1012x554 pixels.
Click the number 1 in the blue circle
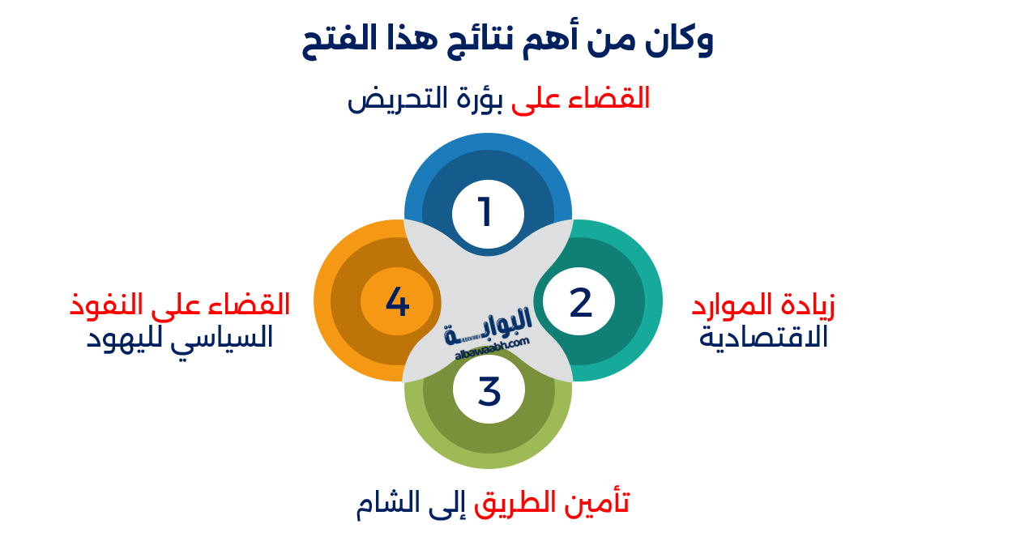pyautogui.click(x=485, y=213)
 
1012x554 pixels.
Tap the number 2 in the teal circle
pyautogui.click(x=581, y=302)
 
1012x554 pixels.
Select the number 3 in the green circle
pyautogui.click(x=489, y=390)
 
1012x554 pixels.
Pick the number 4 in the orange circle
pyautogui.click(x=397, y=302)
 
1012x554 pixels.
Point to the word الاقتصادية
pyautogui.click(x=763, y=336)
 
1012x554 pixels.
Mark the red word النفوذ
pyautogui.click(x=105, y=305)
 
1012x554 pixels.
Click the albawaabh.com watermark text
pyautogui.click(x=491, y=347)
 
